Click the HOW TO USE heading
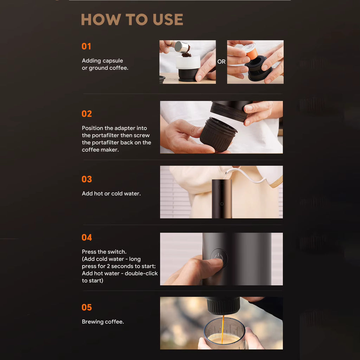[x=132, y=20]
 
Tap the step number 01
[x=86, y=46]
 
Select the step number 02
[x=86, y=114]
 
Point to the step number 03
[x=86, y=179]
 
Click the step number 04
[x=86, y=238]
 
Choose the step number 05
[x=86, y=308]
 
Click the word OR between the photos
[x=221, y=62]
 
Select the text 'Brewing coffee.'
[x=103, y=322]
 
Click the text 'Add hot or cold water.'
[x=111, y=194]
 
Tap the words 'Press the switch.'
[x=104, y=252]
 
